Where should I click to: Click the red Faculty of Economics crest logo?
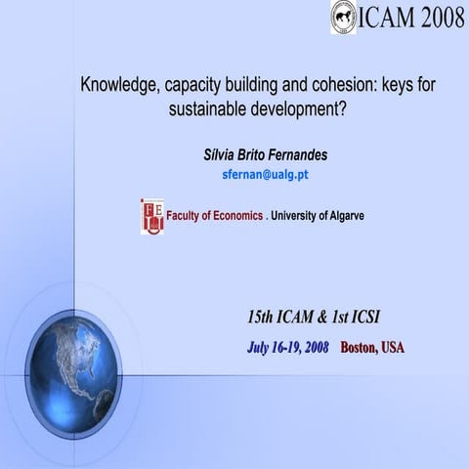pyautogui.click(x=151, y=215)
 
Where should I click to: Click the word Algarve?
pyautogui.click(x=343, y=215)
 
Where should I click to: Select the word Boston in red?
pyautogui.click(x=358, y=347)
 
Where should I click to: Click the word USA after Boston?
pyautogui.click(x=393, y=347)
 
